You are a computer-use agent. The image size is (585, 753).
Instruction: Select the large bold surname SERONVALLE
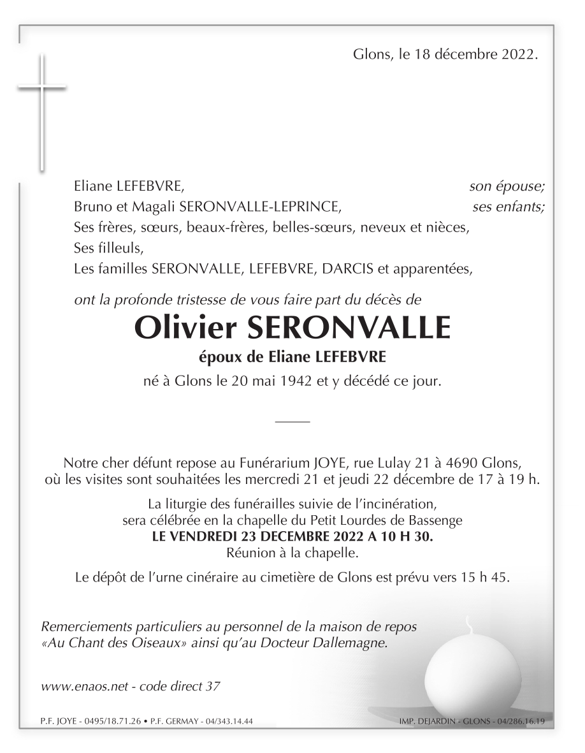(348, 328)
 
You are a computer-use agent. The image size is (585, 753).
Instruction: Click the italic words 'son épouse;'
(507, 187)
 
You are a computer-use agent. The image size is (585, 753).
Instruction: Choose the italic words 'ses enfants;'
(509, 207)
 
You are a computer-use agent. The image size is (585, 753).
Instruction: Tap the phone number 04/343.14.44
(227, 722)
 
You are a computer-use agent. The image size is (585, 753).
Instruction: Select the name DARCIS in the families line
(349, 269)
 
